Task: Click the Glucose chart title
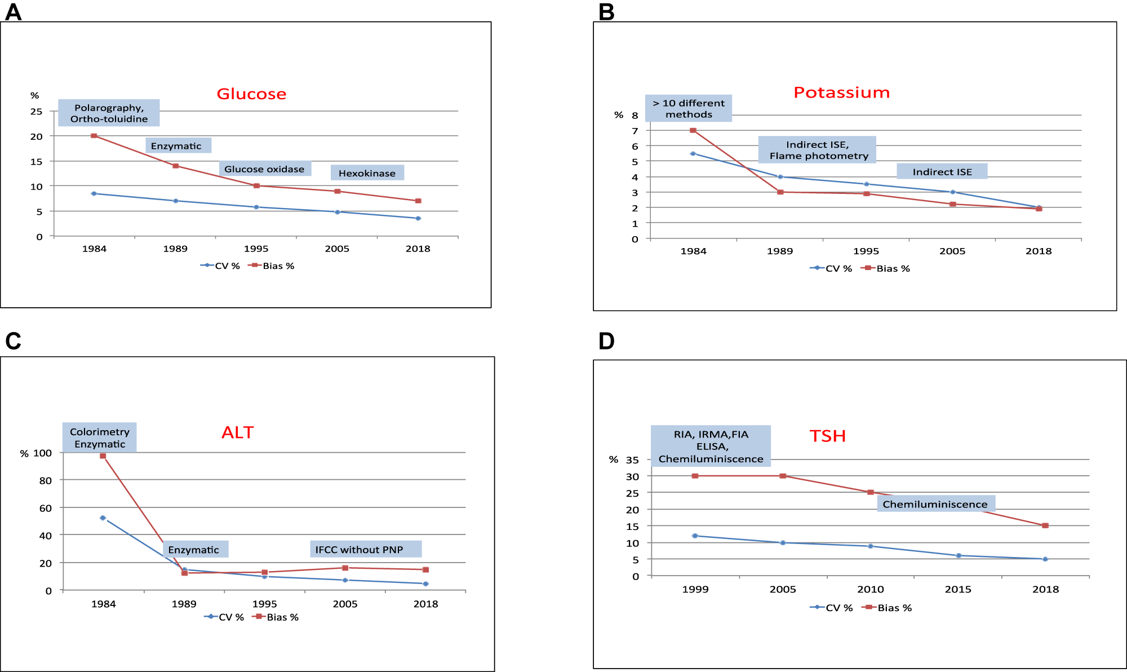point(251,94)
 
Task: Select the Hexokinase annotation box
point(367,173)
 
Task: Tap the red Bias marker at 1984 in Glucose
point(94,136)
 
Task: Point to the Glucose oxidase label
point(264,169)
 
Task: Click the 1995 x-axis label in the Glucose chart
point(256,249)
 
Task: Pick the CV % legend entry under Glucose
point(220,266)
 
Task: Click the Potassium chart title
point(841,92)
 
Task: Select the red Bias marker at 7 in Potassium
point(693,130)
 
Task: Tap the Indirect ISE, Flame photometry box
point(818,150)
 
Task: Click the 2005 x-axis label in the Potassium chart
point(952,251)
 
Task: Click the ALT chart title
point(237,432)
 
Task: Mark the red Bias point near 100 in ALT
point(103,456)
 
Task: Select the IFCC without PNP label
point(359,550)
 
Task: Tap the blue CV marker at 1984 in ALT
point(103,518)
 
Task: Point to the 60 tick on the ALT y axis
point(46,508)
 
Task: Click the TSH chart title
point(827,436)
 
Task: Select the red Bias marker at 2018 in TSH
point(1045,525)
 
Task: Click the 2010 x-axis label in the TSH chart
point(871,589)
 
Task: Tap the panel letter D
point(606,341)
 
